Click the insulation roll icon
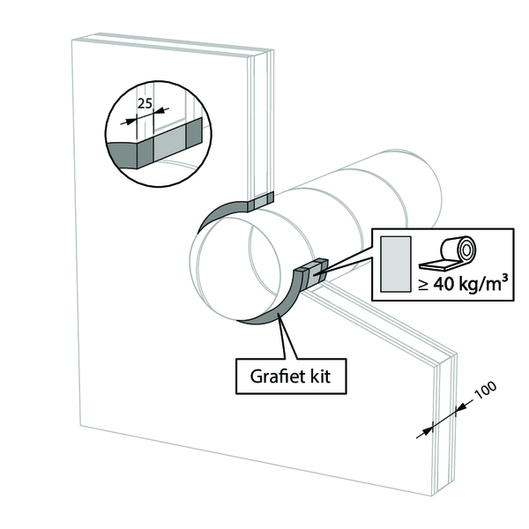(x=449, y=253)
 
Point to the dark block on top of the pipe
(x=260, y=203)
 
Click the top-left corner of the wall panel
(x=70, y=42)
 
